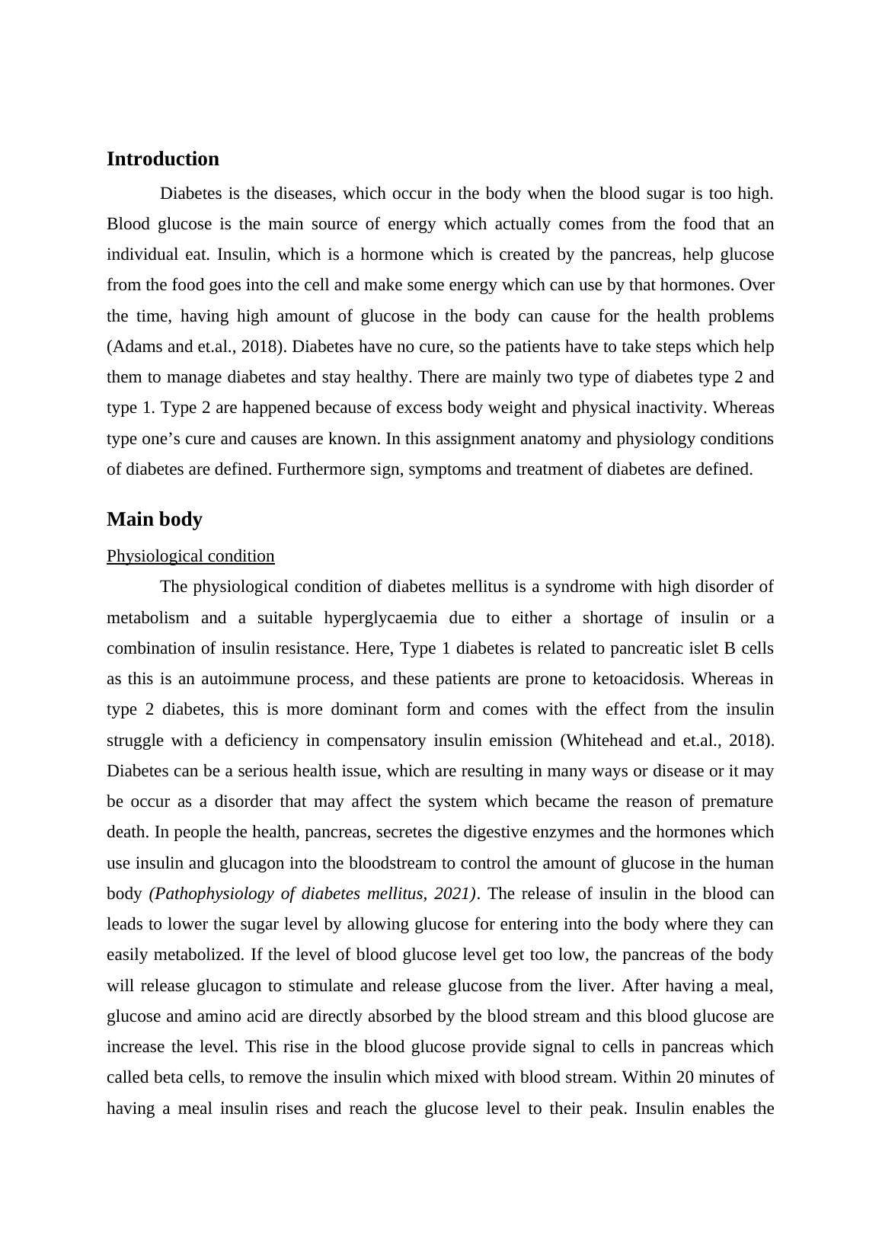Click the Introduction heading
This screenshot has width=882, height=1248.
point(162,159)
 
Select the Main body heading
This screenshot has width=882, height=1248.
point(154,520)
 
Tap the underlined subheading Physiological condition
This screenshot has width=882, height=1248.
point(190,556)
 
